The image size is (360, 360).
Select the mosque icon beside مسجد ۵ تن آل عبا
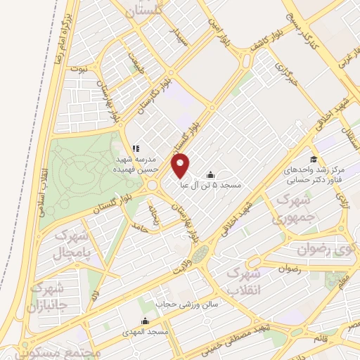pyautogui.click(x=210, y=174)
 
